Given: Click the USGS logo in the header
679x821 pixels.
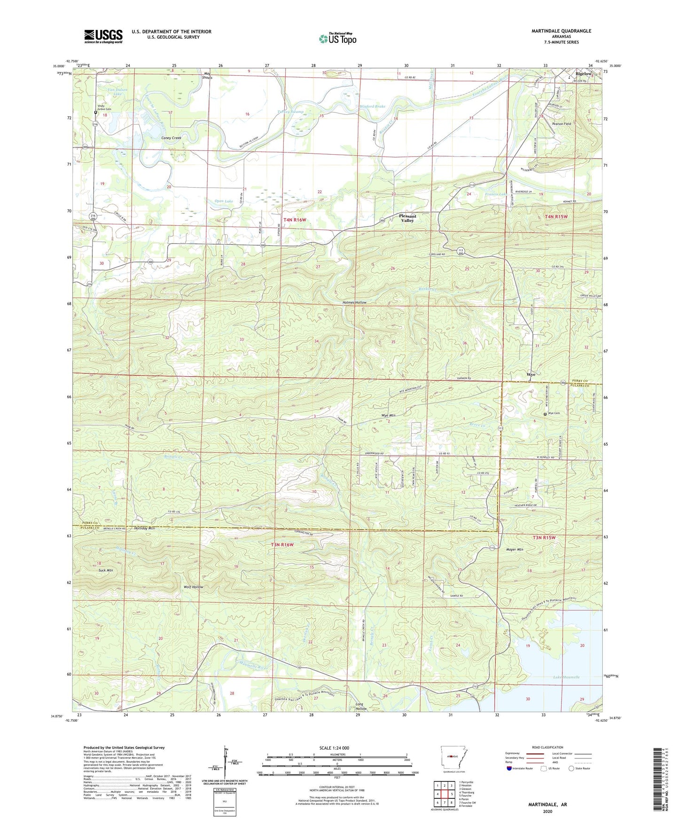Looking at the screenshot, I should pos(103,36).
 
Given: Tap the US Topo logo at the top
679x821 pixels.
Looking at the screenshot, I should pos(337,39).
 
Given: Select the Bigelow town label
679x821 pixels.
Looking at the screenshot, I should pos(584,74).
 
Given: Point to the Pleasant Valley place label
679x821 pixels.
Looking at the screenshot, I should pos(407,218).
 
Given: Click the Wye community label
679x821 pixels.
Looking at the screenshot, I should pos(531,375).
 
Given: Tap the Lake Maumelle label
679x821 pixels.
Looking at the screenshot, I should pos(566,677).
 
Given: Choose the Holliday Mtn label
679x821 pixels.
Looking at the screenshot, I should pos(144,528).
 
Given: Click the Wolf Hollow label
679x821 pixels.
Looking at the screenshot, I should pos(193,587).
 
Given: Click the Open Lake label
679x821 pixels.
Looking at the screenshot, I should pos(223,201).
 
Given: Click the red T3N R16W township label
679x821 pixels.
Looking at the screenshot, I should pos(282,545).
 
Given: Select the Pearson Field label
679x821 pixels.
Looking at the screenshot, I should pos(562,124).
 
